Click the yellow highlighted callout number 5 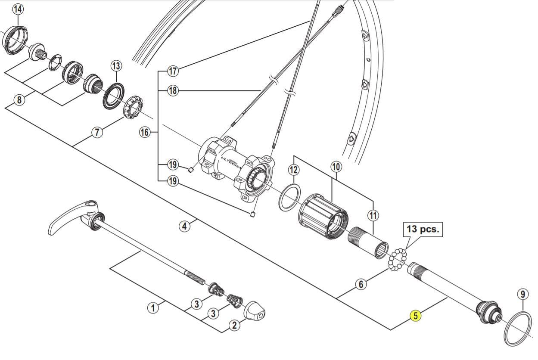pyautogui.click(x=416, y=316)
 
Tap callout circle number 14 pyautogui.click(x=18, y=9)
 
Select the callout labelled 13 pyautogui.click(x=116, y=66)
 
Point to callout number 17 pyautogui.click(x=173, y=71)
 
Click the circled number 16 pyautogui.click(x=145, y=132)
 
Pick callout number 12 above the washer pyautogui.click(x=294, y=170)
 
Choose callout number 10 pyautogui.click(x=336, y=167)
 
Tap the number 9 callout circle pyautogui.click(x=523, y=294)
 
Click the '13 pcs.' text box pyautogui.click(x=423, y=230)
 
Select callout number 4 pyautogui.click(x=184, y=226)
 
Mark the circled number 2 pyautogui.click(x=234, y=326)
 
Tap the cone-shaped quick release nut pyautogui.click(x=254, y=311)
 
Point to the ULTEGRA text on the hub pyautogui.click(x=230, y=162)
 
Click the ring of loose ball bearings pyautogui.click(x=397, y=259)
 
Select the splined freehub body pyautogui.click(x=323, y=216)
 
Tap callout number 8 pyautogui.click(x=19, y=99)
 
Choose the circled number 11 pyautogui.click(x=373, y=215)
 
